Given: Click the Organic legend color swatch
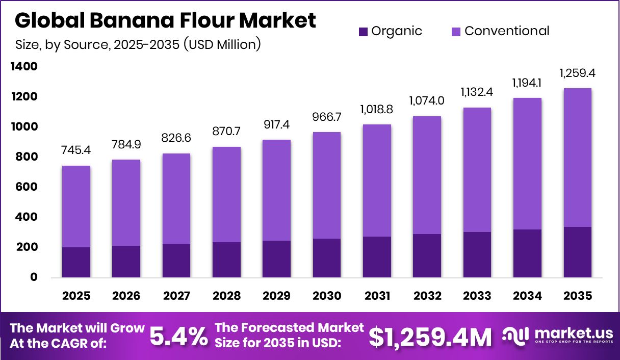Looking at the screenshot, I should point(363,32).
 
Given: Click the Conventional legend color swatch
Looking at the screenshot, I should point(456,32).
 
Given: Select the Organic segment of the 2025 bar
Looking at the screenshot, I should point(76,262).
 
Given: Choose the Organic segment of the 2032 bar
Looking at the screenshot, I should point(427,255).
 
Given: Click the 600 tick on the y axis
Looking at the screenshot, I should point(27,187).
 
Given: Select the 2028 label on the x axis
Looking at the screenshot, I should point(226,296).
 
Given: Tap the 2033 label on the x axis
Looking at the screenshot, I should point(477,296).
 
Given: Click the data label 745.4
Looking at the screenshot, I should point(76,151).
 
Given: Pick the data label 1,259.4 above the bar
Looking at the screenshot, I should point(578,74).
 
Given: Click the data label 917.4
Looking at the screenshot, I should point(277,125).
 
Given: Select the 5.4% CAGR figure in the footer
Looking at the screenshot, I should point(178,336).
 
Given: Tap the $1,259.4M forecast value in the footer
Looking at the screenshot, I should point(430,336).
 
